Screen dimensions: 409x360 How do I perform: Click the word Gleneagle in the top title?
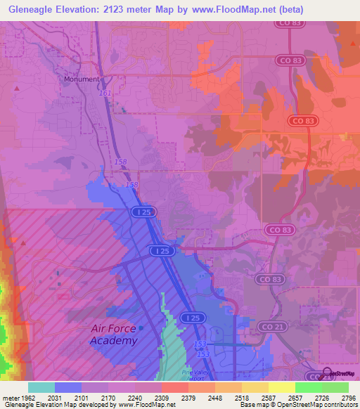[x=29, y=8]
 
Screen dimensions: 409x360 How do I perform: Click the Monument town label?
[x=82, y=79]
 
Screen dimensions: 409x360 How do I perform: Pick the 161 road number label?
[x=105, y=93]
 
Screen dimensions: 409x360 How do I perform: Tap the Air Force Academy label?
[x=114, y=335]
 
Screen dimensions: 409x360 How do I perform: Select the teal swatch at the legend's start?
[x=41, y=387]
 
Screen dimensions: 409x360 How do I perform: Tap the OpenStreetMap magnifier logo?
[x=328, y=372]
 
